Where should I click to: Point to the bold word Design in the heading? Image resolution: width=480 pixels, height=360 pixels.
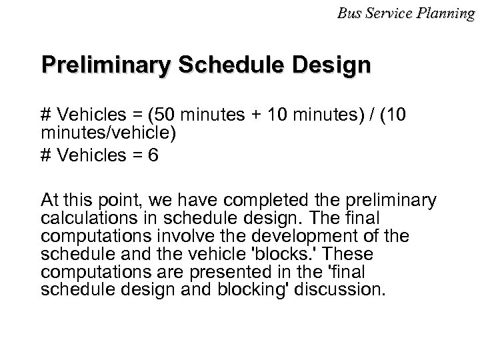327,67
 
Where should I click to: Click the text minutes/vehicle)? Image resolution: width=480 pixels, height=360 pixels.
109,133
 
